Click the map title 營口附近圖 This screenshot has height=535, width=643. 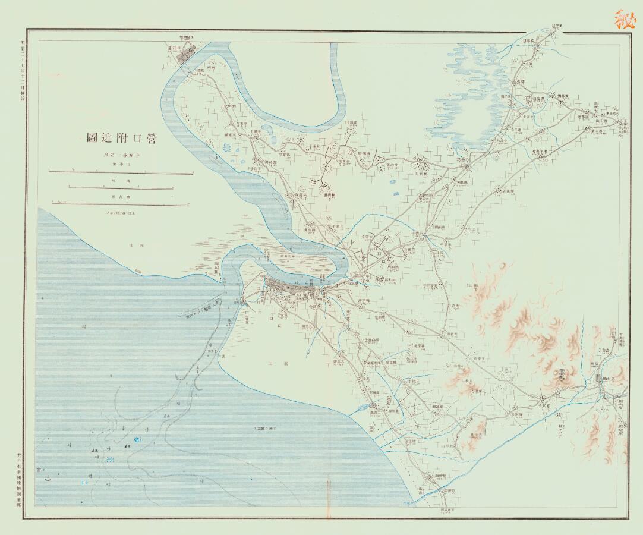click(121, 139)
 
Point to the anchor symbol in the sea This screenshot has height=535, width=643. click(49, 477)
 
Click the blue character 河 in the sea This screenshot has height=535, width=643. click(108, 460)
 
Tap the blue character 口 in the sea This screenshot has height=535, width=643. click(83, 483)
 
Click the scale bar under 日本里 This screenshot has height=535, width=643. click(121, 173)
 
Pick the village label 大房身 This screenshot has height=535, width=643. click(300, 195)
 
